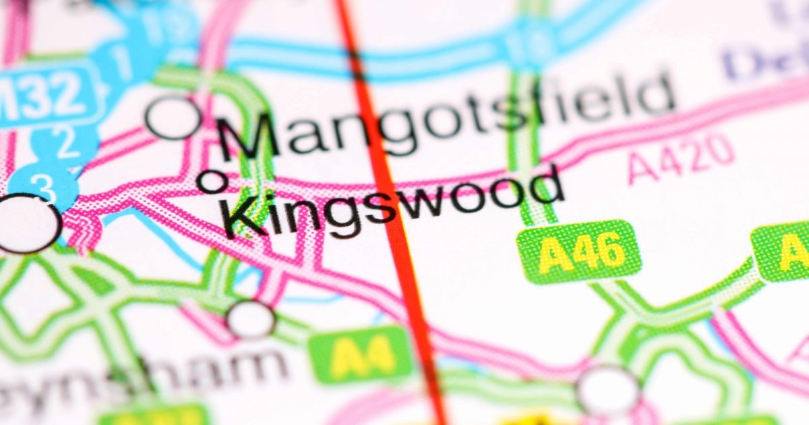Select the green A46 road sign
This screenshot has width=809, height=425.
click(x=578, y=252)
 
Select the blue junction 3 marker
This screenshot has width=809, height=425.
click(x=44, y=185)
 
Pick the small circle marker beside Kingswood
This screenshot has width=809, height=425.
click(x=212, y=180)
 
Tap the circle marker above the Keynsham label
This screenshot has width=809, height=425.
click(x=251, y=319)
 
